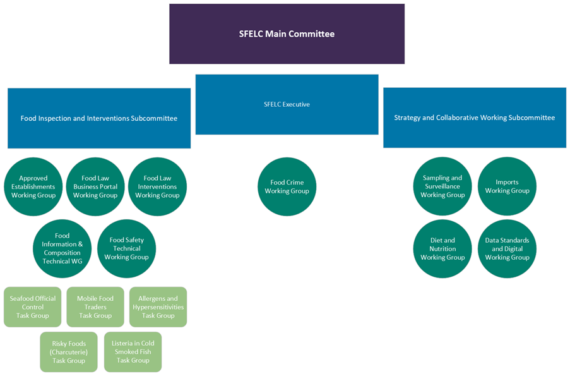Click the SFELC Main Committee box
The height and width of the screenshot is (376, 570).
point(287,34)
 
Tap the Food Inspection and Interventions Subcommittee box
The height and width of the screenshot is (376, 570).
point(99,118)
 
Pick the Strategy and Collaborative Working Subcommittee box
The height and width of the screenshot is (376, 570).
point(474,118)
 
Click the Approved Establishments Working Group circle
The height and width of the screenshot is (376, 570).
point(33,186)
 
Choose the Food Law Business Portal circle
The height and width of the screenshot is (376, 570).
point(95,186)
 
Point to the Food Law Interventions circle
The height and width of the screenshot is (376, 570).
point(157,186)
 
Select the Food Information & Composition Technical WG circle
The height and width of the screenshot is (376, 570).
point(62,248)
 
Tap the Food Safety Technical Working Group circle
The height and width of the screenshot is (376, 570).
point(126,248)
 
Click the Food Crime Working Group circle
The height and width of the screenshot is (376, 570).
point(287,186)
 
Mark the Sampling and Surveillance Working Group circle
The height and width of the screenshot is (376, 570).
point(442,186)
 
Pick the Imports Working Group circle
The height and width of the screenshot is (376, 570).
point(507,186)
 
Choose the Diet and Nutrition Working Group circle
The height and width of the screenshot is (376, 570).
point(442,248)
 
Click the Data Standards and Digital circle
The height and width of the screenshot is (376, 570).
point(507,248)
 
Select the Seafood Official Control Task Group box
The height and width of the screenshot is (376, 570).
point(33,307)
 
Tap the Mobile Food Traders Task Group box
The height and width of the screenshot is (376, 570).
point(95,307)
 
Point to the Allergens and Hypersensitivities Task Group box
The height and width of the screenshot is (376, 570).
point(158,307)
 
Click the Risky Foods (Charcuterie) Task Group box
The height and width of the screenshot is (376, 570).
point(69,352)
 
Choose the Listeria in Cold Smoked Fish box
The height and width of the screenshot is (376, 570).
point(133,352)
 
